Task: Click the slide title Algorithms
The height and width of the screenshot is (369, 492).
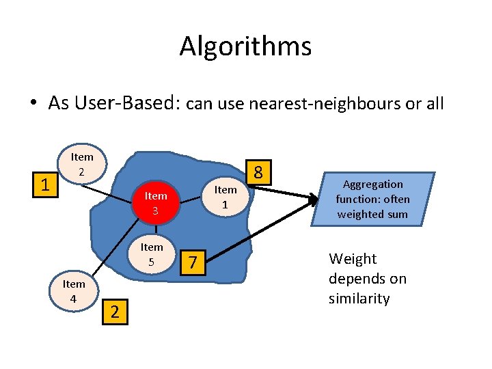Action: pyautogui.click(x=245, y=46)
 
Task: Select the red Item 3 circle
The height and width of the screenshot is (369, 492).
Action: pyautogui.click(x=156, y=203)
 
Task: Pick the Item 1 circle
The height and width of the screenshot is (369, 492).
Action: pyautogui.click(x=225, y=196)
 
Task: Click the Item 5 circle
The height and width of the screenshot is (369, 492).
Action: pyautogui.click(x=152, y=253)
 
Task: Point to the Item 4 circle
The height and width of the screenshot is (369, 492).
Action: pyautogui.click(x=74, y=290)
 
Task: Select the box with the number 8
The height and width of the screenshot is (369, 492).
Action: pyautogui.click(x=258, y=171)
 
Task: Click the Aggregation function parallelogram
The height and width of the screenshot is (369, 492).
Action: pyautogui.click(x=372, y=199)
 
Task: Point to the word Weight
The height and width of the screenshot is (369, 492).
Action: pyautogui.click(x=353, y=259)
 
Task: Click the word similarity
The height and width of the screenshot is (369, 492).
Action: pyautogui.click(x=359, y=299)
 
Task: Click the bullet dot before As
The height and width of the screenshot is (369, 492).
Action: pyautogui.click(x=33, y=104)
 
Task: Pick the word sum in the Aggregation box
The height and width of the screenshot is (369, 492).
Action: pyautogui.click(x=397, y=214)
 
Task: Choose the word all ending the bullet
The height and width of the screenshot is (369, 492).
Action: pyautogui.click(x=434, y=104)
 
